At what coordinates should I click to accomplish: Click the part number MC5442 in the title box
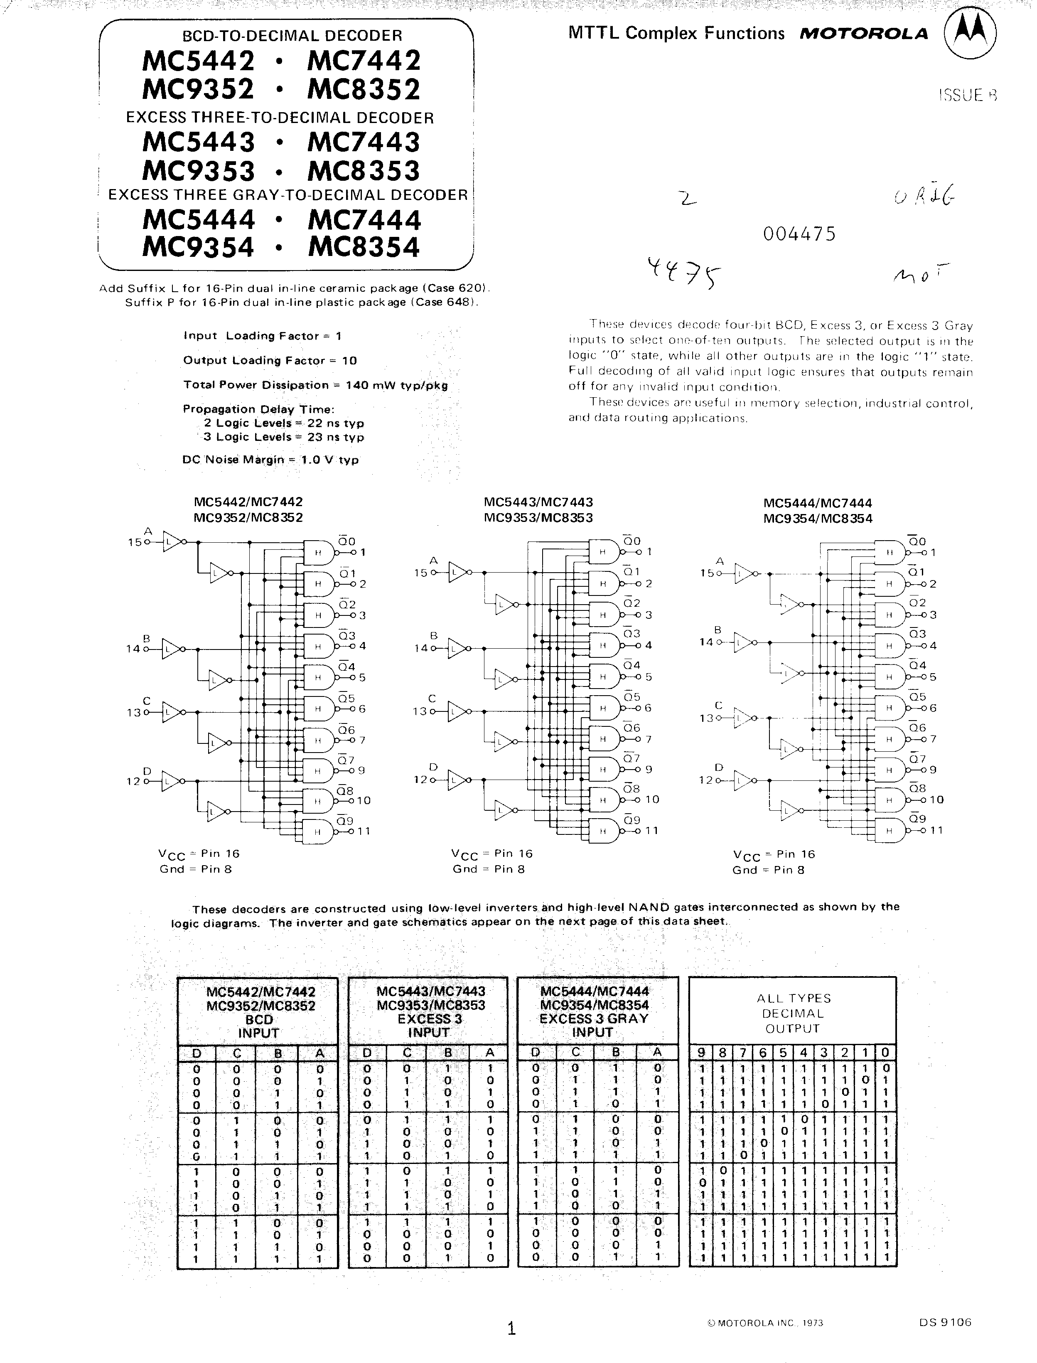click(198, 61)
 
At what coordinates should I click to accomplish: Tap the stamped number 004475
click(799, 234)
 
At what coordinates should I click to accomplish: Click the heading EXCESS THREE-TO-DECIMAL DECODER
click(280, 117)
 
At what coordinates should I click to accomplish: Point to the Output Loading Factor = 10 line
click(270, 361)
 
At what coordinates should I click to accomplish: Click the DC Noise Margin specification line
click(270, 460)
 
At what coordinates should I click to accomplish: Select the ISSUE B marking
click(967, 94)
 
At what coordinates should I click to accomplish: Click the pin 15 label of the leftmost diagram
click(134, 543)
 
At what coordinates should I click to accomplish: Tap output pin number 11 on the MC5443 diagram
click(652, 830)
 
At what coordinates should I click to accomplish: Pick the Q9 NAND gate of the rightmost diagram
click(890, 830)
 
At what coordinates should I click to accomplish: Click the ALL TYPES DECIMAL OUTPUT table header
click(793, 1014)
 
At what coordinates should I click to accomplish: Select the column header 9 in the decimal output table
click(701, 1053)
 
